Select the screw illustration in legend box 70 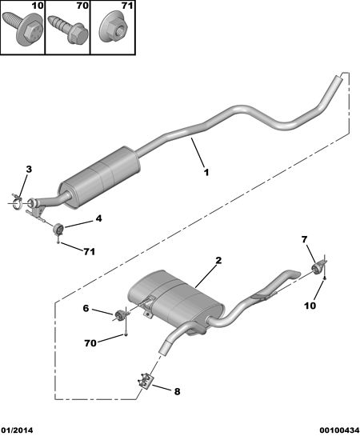click(x=68, y=30)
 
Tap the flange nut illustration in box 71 click(x=113, y=29)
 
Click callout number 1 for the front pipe click(x=206, y=172)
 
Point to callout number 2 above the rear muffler click(x=218, y=261)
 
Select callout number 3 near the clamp click(x=29, y=169)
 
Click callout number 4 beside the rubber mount click(x=98, y=218)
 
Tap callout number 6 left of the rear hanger click(x=86, y=308)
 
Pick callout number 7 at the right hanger click(x=305, y=239)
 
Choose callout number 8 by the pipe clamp click(x=177, y=391)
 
